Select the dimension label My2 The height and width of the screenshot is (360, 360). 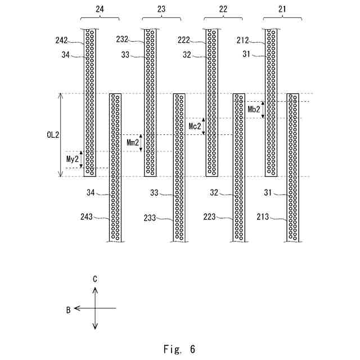(73, 160)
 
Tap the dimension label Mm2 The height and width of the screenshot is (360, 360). (133, 143)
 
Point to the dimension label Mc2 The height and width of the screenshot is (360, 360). (194, 126)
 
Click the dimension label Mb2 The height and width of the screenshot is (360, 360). (254, 110)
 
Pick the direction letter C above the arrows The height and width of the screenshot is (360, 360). (95, 278)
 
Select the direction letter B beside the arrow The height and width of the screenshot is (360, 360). (68, 309)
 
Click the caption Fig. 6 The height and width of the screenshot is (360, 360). (179, 349)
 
